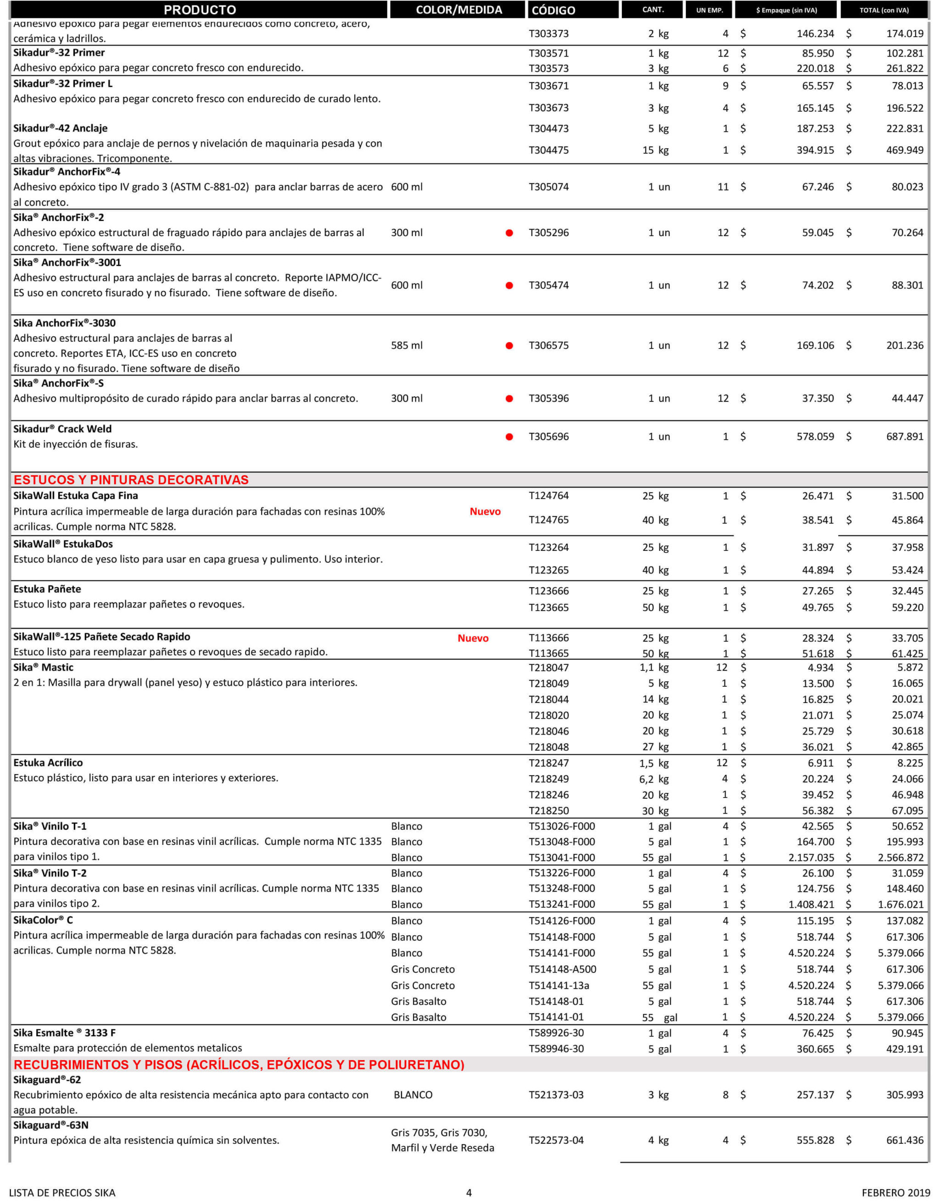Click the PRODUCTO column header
(x=200, y=10)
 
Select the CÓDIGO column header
(x=553, y=10)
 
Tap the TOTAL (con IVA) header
(x=884, y=10)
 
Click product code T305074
(x=548, y=187)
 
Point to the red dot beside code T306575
(x=509, y=346)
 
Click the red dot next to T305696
(x=509, y=437)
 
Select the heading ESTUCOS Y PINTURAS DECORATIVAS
(x=131, y=480)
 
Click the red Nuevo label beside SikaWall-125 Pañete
(x=473, y=639)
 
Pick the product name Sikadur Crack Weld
(x=62, y=429)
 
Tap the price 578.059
(x=815, y=437)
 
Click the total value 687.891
(x=905, y=437)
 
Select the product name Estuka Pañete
(x=47, y=590)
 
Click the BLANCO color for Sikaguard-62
(x=413, y=1095)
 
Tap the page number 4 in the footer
(x=469, y=1193)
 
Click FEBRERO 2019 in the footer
(x=895, y=1193)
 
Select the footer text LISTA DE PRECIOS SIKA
(x=62, y=1193)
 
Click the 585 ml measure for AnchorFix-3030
(x=407, y=346)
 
